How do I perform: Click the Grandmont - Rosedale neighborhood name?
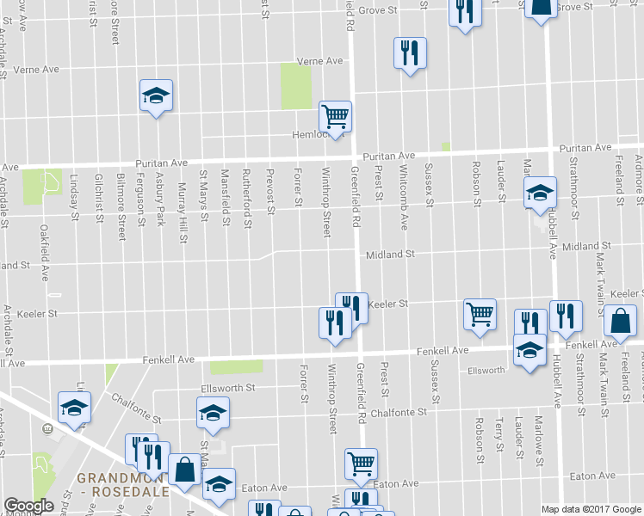[131, 485]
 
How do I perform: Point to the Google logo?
[28, 506]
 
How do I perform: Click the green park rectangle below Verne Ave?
[295, 86]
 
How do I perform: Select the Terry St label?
[499, 434]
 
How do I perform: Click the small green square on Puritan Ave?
[446, 147]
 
